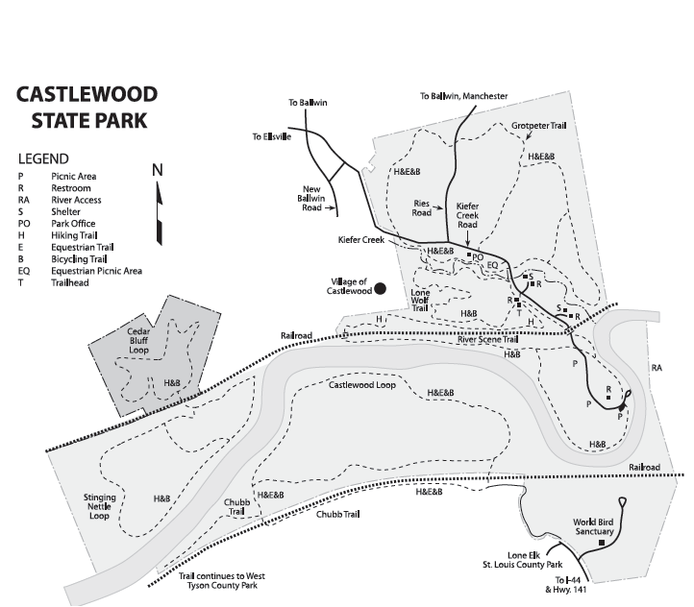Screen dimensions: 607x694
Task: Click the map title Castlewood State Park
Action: coord(87,108)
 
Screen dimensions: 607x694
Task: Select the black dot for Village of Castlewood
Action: coord(381,287)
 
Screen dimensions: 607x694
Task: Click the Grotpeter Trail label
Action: coord(539,125)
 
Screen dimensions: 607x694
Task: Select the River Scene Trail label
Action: coord(487,340)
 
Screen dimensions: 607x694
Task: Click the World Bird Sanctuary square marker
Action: coord(602,544)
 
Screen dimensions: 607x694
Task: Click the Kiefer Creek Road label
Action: coord(467,216)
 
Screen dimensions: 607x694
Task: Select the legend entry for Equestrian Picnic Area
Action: coord(96,271)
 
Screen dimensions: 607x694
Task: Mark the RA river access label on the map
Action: coord(657,367)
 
